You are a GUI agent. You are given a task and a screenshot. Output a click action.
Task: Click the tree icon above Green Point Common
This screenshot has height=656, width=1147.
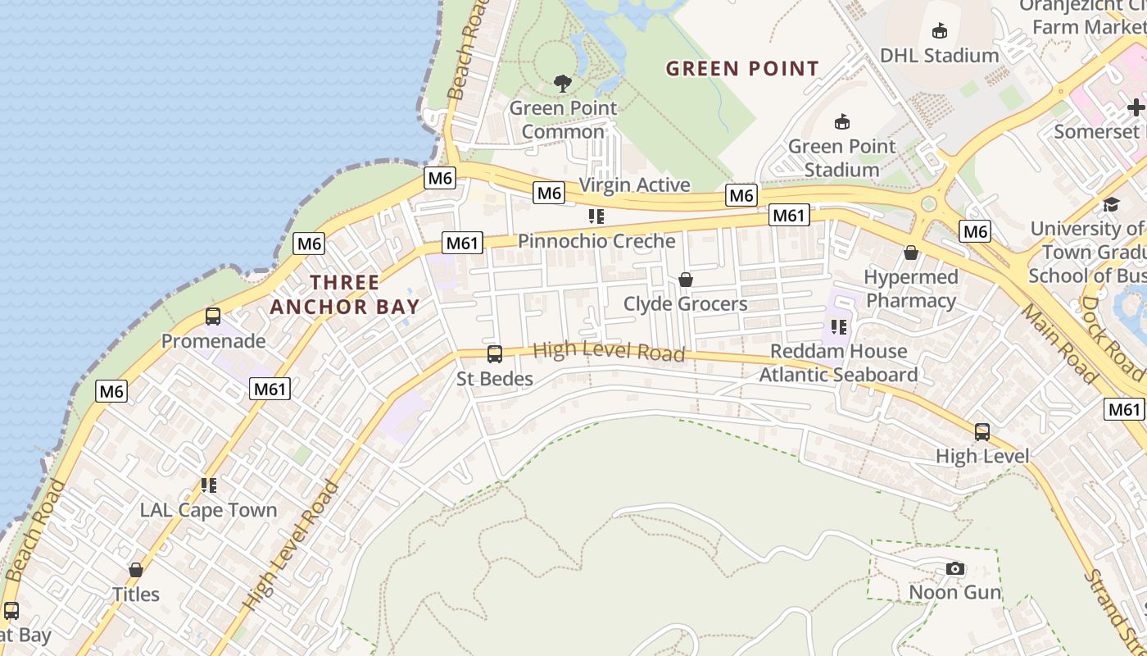pos(562,83)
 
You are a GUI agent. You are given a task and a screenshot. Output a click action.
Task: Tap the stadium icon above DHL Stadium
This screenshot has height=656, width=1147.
pos(939,31)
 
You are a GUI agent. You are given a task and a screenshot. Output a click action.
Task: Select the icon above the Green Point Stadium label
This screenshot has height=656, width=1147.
pos(841,122)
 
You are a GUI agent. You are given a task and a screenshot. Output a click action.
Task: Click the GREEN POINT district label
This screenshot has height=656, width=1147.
pos(742,69)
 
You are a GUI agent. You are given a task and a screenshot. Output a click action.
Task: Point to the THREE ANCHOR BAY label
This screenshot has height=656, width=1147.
pos(345,295)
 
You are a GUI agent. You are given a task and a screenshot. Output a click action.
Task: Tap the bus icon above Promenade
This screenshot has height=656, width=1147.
pos(213,317)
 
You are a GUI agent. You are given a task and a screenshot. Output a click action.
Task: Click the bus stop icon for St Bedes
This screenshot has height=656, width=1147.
pos(495,354)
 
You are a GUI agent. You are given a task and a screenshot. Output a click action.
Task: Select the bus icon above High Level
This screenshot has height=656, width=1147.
pos(982,431)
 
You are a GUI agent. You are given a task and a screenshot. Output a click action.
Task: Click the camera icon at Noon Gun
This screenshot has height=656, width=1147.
pos(954,568)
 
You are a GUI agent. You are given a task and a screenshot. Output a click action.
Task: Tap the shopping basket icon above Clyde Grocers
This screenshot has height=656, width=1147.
pos(686,280)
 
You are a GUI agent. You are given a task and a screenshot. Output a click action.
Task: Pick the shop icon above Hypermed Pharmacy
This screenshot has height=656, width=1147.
pos(910,253)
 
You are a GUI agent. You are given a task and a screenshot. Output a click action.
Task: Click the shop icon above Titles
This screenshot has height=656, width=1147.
pos(136,569)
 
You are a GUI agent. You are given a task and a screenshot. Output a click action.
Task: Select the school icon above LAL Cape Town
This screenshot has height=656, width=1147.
pos(209,485)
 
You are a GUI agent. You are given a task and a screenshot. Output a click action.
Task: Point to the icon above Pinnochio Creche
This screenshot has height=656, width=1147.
pos(596,216)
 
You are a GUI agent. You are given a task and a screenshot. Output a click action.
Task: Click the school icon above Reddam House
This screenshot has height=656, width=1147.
pos(838,327)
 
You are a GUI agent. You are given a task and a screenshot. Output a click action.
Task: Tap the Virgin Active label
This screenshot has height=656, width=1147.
pos(635,185)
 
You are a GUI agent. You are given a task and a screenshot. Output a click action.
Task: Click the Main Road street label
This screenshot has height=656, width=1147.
pos(1059,344)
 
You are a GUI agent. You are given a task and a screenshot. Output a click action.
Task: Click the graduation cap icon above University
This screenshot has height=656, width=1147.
pos(1110,204)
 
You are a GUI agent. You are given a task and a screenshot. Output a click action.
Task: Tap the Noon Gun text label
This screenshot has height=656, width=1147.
pos(955,592)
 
